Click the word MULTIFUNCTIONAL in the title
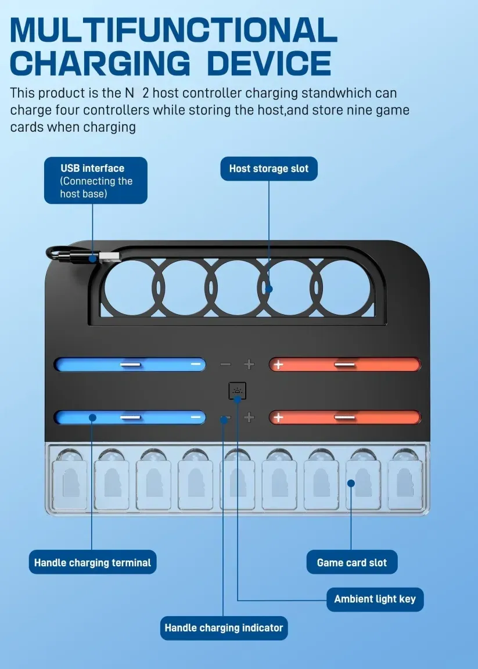tap(173, 30)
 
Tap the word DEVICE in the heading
tap(269, 63)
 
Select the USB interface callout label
tap(95, 180)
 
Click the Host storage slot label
tap(269, 168)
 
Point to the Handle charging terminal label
tap(92, 562)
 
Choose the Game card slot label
tap(352, 562)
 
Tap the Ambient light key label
tap(375, 599)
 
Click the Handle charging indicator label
tap(224, 628)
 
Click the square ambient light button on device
tap(237, 391)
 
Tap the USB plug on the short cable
tap(109, 256)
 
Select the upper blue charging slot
tap(130, 365)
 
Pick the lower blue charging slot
tap(130, 417)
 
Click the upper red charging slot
tap(344, 365)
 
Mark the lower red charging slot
tap(344, 417)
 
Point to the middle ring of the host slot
tap(236, 288)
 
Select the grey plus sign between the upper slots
tap(249, 365)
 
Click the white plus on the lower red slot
tap(279, 417)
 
